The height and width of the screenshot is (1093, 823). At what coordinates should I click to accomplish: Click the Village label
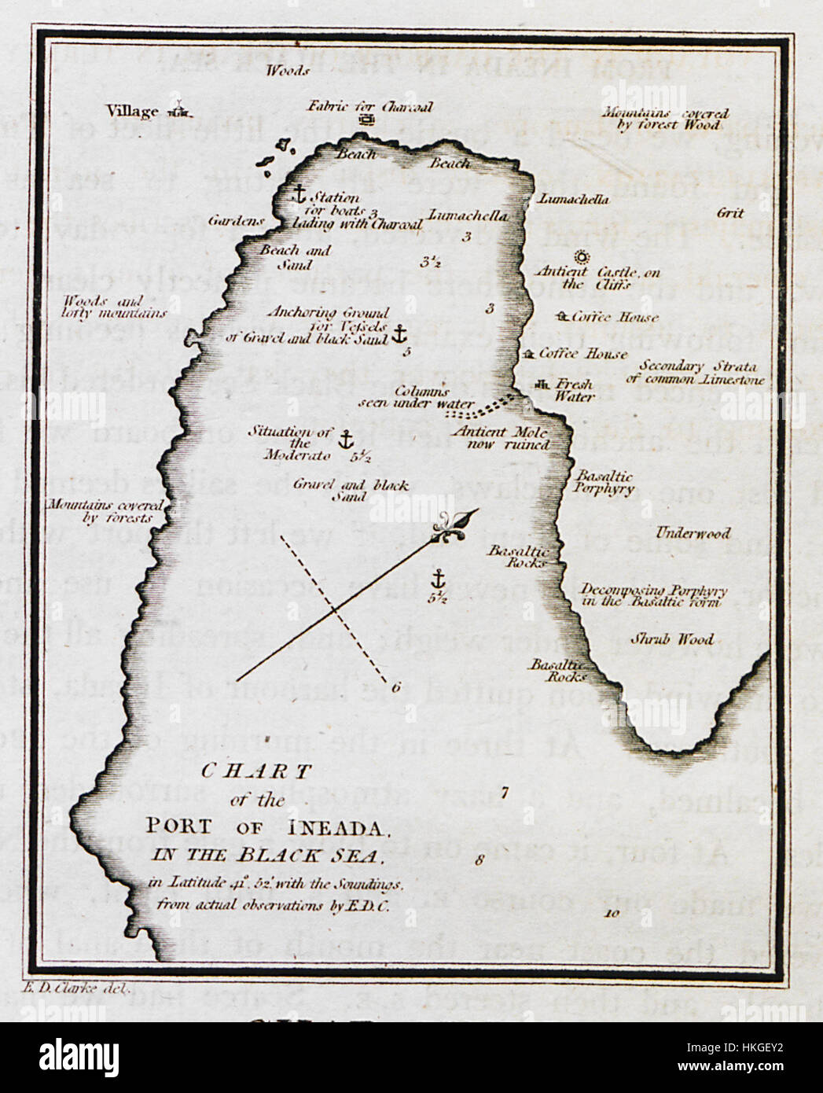(132, 112)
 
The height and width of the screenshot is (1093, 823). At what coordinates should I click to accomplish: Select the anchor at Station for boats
(299, 193)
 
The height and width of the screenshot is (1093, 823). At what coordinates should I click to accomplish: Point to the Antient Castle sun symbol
(581, 256)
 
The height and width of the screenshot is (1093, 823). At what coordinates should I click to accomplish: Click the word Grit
(730, 213)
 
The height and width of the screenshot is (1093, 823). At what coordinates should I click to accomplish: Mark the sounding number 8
(479, 859)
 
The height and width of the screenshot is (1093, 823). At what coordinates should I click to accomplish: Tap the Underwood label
(693, 533)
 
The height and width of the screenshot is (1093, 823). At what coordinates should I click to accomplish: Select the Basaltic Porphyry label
(604, 483)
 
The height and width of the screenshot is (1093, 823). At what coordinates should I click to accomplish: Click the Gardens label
(236, 221)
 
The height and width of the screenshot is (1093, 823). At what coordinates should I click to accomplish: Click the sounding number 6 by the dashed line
(395, 687)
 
